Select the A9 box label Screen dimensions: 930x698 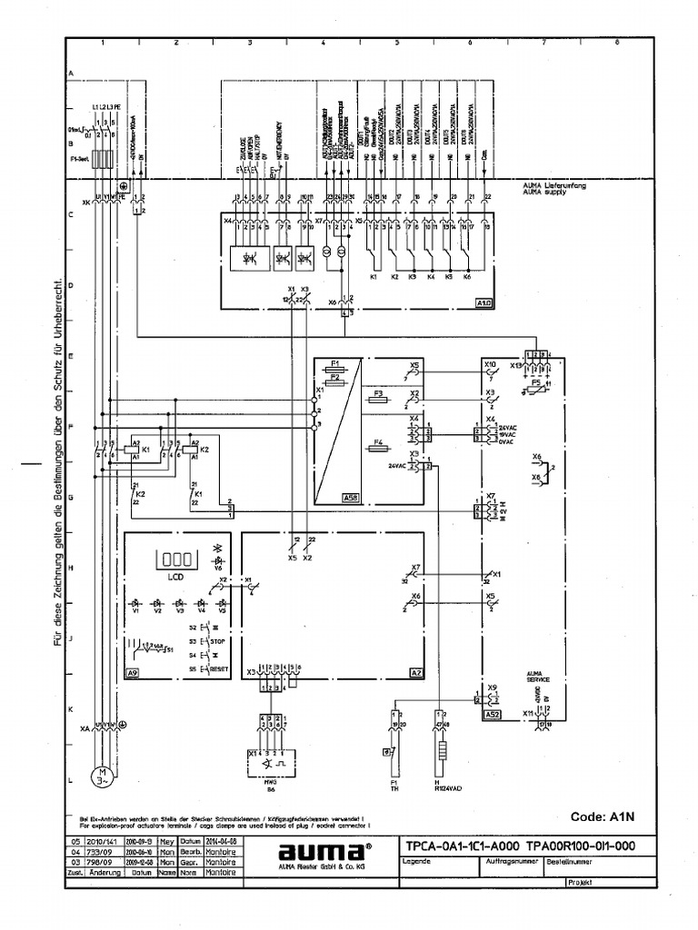(133, 673)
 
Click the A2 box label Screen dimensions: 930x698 (415, 673)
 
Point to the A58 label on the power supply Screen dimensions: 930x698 (324, 498)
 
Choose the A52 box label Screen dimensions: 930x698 (491, 715)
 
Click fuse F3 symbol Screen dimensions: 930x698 (381, 399)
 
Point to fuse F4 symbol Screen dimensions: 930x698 (381, 448)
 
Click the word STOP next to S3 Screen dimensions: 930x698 (217, 640)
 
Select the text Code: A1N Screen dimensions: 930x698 (601, 815)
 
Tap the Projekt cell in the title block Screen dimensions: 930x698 (580, 882)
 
